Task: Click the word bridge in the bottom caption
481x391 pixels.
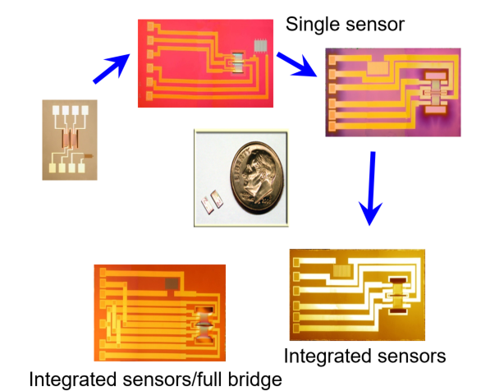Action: [x=255, y=379]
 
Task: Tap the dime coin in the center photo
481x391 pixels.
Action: [x=258, y=177]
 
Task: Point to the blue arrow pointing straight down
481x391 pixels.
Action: [x=371, y=188]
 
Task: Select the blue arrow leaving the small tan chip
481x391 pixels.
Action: [x=112, y=68]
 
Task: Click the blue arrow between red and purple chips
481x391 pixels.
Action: [x=297, y=64]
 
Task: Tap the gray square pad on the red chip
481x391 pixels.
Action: [x=261, y=46]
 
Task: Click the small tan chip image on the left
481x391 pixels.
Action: [x=70, y=140]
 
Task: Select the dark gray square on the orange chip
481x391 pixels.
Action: [x=172, y=283]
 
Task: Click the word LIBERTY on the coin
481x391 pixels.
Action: [x=242, y=164]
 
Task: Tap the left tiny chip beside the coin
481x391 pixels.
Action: [x=207, y=205]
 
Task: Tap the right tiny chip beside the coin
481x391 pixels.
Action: [x=217, y=199]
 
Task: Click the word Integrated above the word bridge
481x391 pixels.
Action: [x=73, y=379]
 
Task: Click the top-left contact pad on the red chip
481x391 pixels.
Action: [x=150, y=26]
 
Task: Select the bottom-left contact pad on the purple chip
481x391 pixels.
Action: [x=332, y=126]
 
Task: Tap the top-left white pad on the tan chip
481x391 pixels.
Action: [x=56, y=110]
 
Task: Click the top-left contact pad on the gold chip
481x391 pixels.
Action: [x=296, y=262]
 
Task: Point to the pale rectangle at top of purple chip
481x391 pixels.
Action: [x=378, y=68]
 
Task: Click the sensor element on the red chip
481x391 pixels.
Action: [x=237, y=62]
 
